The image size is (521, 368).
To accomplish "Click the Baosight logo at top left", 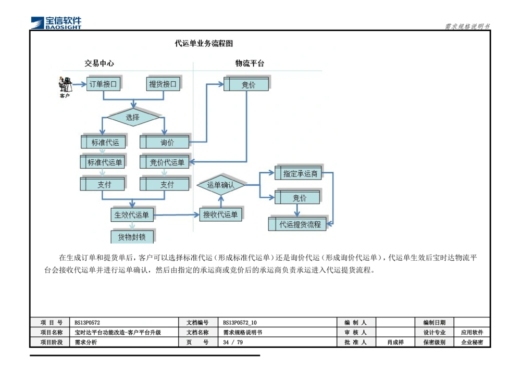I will tap(56, 22).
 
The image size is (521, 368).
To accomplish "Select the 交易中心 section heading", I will tap(99, 64).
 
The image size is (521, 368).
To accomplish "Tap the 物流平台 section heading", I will tap(250, 64).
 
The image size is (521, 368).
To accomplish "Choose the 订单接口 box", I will tap(103, 84).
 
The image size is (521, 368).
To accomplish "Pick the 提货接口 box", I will tap(163, 84).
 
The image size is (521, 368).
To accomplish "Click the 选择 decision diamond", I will tap(133, 118).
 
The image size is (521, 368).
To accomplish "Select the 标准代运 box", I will tap(104, 142).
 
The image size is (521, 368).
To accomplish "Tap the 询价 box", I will tap(166, 142).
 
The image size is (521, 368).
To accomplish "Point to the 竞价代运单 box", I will tap(166, 162).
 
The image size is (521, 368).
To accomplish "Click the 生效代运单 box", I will tap(132, 214).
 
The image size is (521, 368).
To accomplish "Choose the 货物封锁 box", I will tap(132, 237).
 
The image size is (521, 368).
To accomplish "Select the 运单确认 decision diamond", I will tap(221, 185).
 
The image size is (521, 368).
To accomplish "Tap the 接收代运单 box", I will tap(220, 214).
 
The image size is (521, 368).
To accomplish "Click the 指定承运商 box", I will tap(299, 174).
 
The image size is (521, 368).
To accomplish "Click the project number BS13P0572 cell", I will tap(124, 323).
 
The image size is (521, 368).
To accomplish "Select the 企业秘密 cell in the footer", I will tap(472, 342).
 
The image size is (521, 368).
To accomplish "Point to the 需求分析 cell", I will tap(124, 342).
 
